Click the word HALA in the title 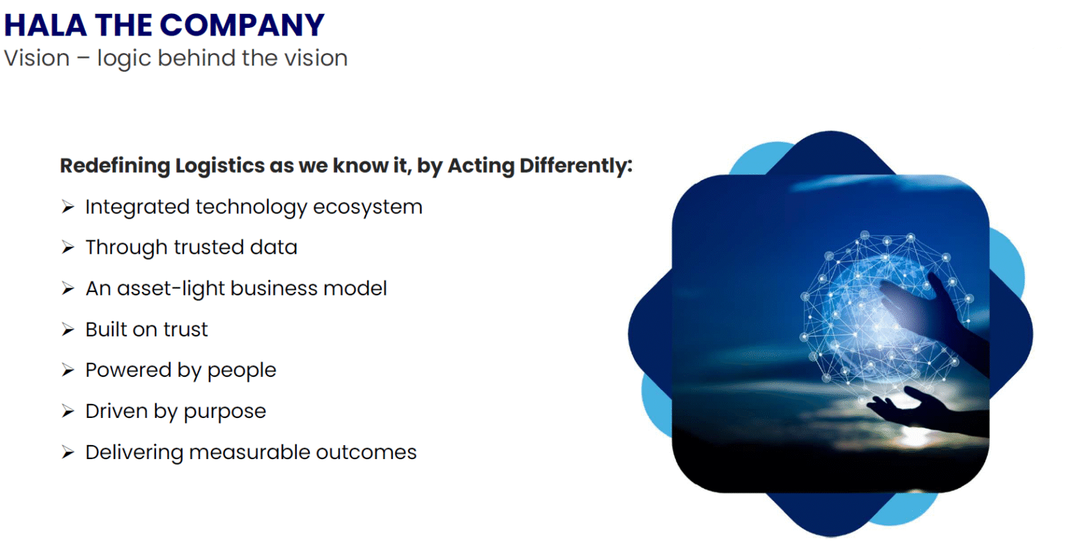(46, 25)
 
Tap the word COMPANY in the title (242, 25)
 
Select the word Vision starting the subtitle (37, 59)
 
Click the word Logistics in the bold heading (219, 167)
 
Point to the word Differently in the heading (576, 167)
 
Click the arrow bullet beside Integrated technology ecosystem (68, 207)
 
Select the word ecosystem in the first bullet (368, 208)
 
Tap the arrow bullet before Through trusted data (68, 247)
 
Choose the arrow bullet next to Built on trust (68, 330)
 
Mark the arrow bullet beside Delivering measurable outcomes (68, 452)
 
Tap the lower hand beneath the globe (926, 410)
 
